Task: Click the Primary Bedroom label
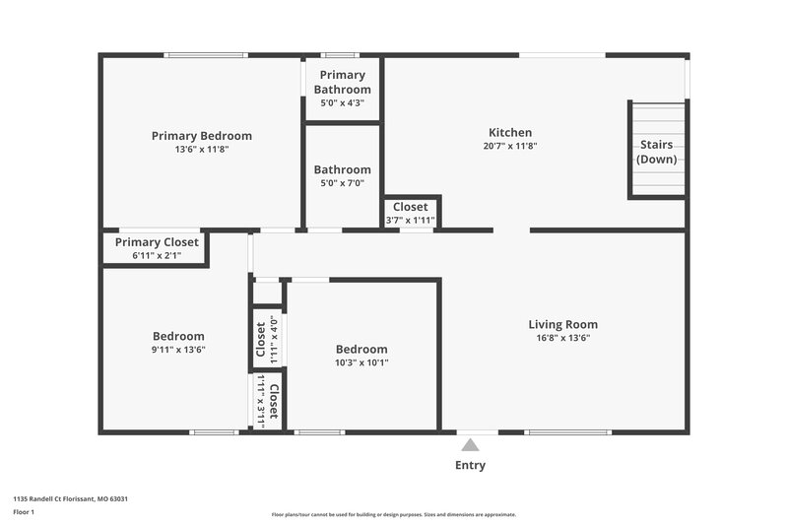pyautogui.click(x=201, y=136)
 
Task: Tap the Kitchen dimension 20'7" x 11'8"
pyautogui.click(x=510, y=146)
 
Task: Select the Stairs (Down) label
pyautogui.click(x=657, y=152)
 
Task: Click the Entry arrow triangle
pyautogui.click(x=470, y=445)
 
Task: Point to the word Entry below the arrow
pyautogui.click(x=470, y=466)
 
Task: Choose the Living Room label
pyautogui.click(x=562, y=324)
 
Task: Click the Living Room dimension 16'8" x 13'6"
pyautogui.click(x=562, y=337)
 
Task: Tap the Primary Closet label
pyautogui.click(x=157, y=242)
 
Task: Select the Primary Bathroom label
pyautogui.click(x=342, y=82)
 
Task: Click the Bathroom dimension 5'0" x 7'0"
pyautogui.click(x=342, y=182)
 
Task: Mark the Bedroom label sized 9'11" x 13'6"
pyautogui.click(x=178, y=336)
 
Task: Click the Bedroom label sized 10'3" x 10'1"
pyautogui.click(x=361, y=349)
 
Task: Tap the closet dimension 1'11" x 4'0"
pyautogui.click(x=274, y=339)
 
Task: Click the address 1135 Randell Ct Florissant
pyautogui.click(x=70, y=498)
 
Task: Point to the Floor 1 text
pyautogui.click(x=24, y=512)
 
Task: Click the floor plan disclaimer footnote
pyautogui.click(x=393, y=514)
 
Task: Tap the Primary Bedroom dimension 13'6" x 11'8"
pyautogui.click(x=201, y=150)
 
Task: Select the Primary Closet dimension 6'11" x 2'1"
pyautogui.click(x=157, y=255)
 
